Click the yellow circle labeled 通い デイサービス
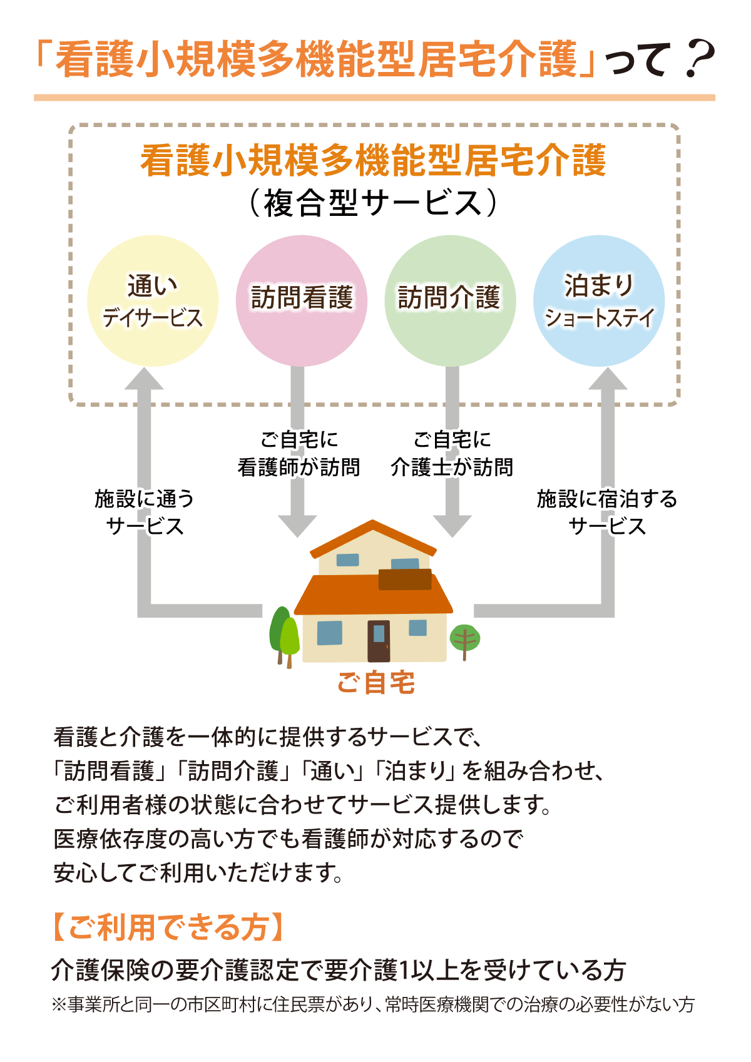coord(153,300)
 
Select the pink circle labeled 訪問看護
coord(301,300)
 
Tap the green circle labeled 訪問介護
coord(450,300)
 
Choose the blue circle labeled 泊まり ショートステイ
coord(599,300)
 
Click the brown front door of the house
coord(378,640)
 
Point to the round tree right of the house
coord(464,638)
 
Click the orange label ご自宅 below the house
coord(375,682)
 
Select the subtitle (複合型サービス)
coord(374,203)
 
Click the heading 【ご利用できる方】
coord(168,927)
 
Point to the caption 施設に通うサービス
coord(145,512)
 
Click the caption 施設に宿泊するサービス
coord(607,512)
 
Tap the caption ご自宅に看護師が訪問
coord(299,453)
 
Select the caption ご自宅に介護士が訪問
coord(452,453)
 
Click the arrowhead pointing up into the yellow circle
coord(144,379)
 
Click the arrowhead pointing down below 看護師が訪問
coord(297,526)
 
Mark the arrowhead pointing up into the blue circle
coord(607,379)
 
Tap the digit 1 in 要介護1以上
coord(404,970)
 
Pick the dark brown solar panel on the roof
coord(405,580)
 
